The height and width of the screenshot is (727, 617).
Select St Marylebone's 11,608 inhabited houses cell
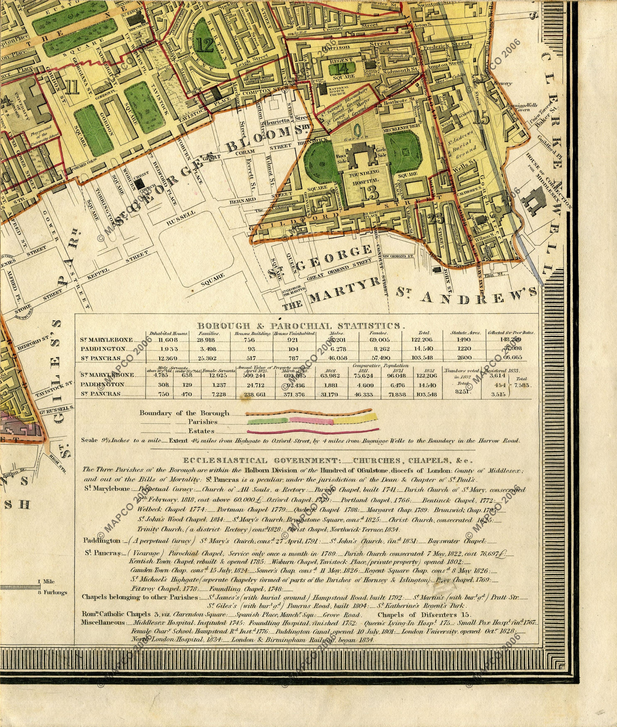[x=168, y=340]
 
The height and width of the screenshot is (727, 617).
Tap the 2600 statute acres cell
[x=464, y=358]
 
